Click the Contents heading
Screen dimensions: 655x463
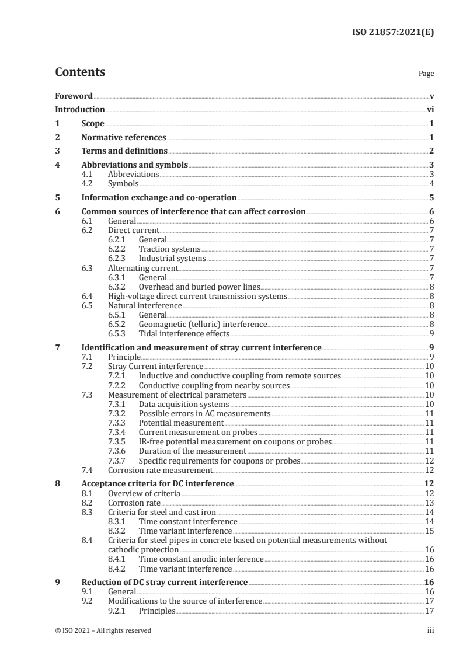click(x=80, y=72)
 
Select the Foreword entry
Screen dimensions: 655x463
click(x=74, y=96)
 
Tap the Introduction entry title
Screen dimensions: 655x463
click(x=80, y=109)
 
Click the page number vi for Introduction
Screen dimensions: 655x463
click(x=430, y=109)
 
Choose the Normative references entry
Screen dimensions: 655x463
click(x=124, y=138)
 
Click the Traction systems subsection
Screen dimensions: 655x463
click(x=170, y=249)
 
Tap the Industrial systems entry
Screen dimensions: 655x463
click(x=172, y=258)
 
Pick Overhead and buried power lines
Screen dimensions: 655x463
click(x=199, y=287)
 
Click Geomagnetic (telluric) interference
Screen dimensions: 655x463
click(x=203, y=324)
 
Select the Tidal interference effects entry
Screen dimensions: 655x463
click(x=184, y=333)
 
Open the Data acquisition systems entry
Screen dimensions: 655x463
click(x=184, y=404)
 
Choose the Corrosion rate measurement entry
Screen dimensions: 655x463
click(x=160, y=469)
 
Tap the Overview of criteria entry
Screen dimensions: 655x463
click(x=144, y=493)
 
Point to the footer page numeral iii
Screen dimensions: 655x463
click(x=430, y=630)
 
